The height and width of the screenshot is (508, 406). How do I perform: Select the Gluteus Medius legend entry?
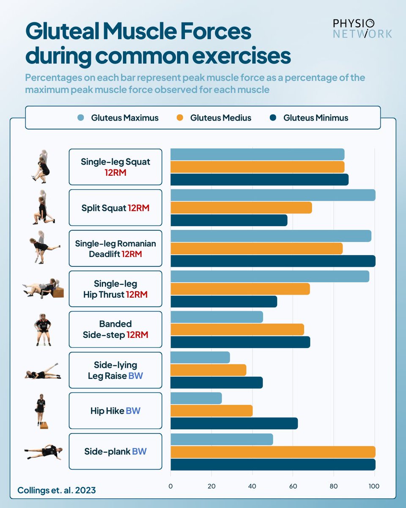coord(214,118)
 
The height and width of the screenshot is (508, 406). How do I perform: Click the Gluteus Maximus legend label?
coord(125,118)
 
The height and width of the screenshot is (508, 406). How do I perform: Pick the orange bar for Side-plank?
coord(272,452)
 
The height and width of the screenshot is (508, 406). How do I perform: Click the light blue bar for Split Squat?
coord(272,195)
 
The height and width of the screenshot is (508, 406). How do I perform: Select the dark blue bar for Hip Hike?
coord(234,423)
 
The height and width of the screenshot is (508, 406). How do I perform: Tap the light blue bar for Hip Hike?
coord(196,398)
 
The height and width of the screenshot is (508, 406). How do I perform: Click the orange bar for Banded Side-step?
coord(237,329)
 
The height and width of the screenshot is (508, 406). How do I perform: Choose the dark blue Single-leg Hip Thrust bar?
coord(223,301)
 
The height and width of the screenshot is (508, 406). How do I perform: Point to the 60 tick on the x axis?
coord(293,486)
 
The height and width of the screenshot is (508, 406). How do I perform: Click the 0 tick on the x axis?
coord(170,486)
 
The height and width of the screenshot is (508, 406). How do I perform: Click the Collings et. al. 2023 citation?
coord(56,490)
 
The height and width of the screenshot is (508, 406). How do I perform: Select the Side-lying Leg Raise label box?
coord(115,370)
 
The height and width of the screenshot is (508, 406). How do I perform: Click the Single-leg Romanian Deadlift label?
coord(115,248)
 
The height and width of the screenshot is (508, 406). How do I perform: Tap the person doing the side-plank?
coord(44,452)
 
